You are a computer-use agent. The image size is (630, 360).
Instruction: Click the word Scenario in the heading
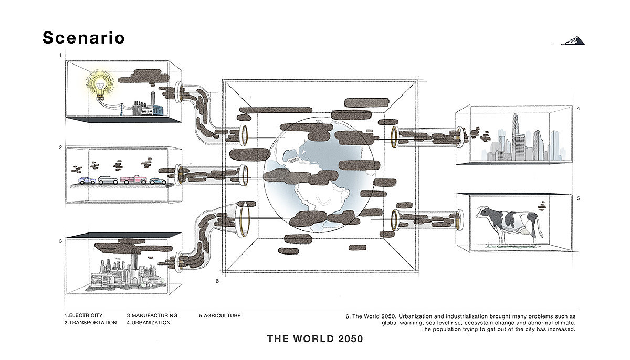tap(83, 38)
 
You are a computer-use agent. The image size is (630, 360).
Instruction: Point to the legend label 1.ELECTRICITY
tap(83, 315)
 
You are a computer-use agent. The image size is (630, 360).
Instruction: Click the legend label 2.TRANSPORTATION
tap(90, 323)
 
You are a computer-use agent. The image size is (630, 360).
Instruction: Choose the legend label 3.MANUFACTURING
tap(152, 315)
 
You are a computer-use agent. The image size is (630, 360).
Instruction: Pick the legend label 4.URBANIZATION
tap(149, 323)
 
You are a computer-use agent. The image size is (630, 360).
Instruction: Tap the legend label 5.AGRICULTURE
tap(219, 315)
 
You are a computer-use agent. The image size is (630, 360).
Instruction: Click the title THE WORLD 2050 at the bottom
tap(315, 339)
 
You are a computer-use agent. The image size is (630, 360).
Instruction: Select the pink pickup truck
tap(133, 179)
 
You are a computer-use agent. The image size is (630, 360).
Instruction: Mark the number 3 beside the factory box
tap(60, 241)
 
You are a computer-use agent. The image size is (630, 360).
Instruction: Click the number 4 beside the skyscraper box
tap(578, 109)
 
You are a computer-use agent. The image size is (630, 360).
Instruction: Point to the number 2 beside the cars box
tap(60, 147)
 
